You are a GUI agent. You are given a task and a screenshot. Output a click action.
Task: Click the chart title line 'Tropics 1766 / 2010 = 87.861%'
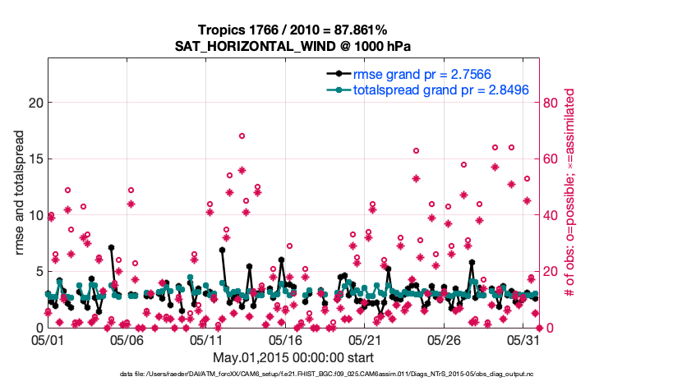[293, 30]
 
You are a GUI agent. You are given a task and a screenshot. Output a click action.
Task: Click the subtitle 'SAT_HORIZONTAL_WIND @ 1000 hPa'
[293, 46]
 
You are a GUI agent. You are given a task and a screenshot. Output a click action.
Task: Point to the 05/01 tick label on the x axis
[48, 338]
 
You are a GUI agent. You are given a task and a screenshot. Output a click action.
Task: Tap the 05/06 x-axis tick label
[127, 338]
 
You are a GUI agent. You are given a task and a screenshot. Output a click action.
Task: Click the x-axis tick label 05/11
[207, 338]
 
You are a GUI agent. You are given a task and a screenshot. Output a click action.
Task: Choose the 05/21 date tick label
[366, 338]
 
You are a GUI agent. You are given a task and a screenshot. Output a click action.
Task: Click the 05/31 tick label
[524, 338]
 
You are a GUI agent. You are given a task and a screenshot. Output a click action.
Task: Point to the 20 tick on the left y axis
[34, 103]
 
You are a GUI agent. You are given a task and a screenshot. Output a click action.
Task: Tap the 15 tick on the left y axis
[34, 159]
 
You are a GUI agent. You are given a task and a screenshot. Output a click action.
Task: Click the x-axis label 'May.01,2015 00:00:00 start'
[293, 357]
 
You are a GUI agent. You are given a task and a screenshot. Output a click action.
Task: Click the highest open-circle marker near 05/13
[242, 136]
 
